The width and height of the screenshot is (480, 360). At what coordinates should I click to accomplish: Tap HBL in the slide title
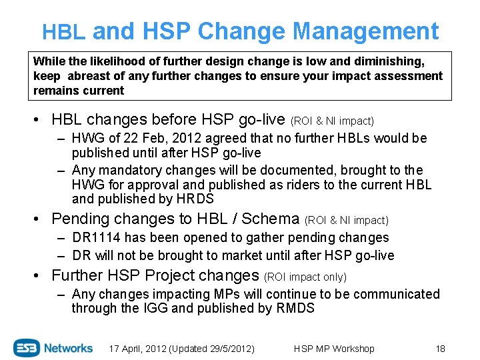63,32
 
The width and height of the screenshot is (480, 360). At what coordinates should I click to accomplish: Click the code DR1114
98,237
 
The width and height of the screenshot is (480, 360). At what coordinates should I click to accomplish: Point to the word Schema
270,219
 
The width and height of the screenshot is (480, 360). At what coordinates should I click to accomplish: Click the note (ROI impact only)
305,277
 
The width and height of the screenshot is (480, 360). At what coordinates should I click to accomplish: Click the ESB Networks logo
53,347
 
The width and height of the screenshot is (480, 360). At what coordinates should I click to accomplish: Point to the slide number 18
439,349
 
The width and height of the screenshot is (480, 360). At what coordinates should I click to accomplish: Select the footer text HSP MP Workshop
334,349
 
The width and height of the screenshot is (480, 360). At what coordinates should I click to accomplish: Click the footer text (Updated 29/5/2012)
212,349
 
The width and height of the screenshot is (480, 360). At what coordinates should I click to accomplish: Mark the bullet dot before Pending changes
41,219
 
